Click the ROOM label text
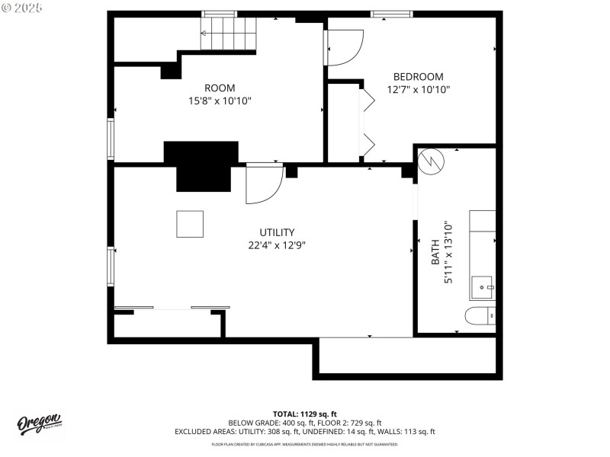[x=219, y=88]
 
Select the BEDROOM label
[x=418, y=76]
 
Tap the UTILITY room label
[x=277, y=232]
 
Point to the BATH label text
[x=435, y=251]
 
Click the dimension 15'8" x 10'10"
[x=220, y=101]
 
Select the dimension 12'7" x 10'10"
[x=419, y=89]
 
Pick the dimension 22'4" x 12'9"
[x=278, y=245]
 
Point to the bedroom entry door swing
[x=345, y=47]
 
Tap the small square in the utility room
[x=191, y=224]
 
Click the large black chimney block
[x=203, y=165]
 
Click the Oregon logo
[x=40, y=424]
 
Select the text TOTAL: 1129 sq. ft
[x=305, y=414]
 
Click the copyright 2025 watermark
[x=23, y=7]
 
